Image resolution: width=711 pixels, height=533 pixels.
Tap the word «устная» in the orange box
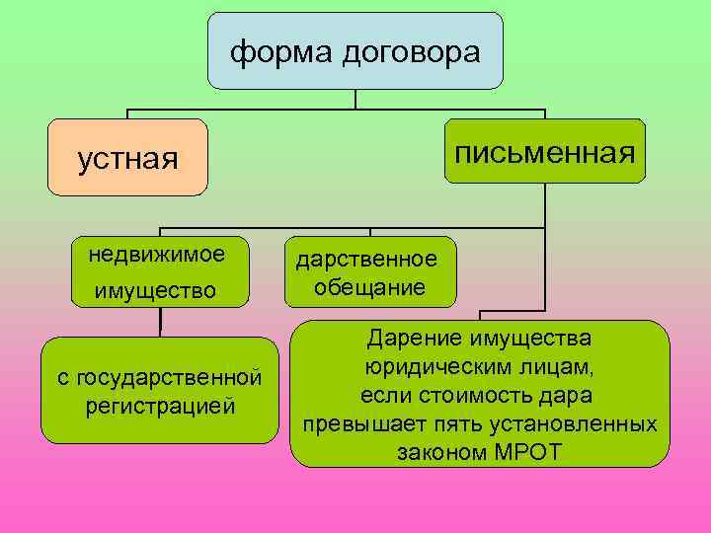(128, 159)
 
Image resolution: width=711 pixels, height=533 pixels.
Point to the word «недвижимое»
(156, 255)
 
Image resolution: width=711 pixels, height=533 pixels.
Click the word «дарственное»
(366, 259)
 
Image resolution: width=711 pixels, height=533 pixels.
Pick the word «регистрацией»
(160, 405)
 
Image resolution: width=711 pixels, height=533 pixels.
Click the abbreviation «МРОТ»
(525, 452)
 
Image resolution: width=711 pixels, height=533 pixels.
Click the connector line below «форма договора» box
(355, 99)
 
